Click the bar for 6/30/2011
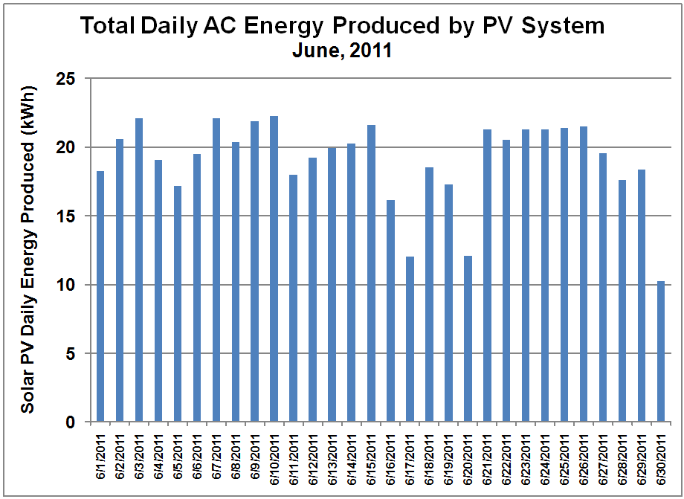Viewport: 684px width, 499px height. pos(660,352)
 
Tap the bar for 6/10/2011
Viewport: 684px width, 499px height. pos(274,269)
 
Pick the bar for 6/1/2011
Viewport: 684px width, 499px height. pos(100,297)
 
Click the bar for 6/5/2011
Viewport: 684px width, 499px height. pos(178,304)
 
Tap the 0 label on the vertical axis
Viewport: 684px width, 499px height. pos(71,422)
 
